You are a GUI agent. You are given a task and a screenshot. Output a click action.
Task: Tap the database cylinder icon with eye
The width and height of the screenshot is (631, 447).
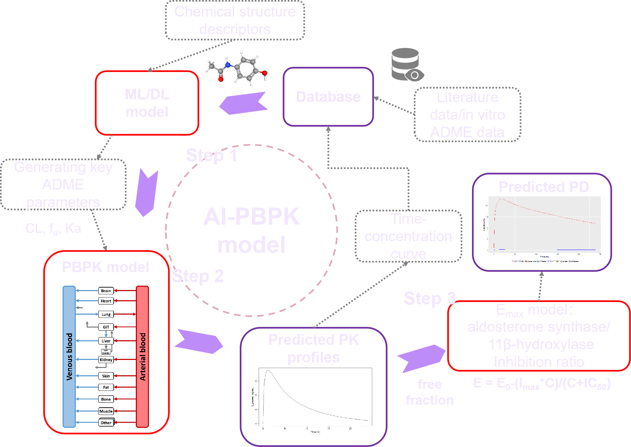click(406, 65)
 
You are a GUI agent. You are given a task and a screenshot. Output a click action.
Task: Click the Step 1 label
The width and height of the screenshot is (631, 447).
click(212, 155)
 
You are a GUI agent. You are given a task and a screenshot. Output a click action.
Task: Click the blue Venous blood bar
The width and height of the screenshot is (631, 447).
click(69, 356)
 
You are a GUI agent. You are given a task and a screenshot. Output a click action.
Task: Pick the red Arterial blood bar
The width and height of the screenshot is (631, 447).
click(142, 356)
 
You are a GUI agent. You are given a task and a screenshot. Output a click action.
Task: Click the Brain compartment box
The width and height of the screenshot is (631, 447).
click(106, 291)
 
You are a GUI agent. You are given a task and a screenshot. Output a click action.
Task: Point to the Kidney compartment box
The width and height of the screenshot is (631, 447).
click(106, 360)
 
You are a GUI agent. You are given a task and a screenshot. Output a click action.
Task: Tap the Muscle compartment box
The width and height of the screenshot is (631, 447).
click(106, 411)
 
